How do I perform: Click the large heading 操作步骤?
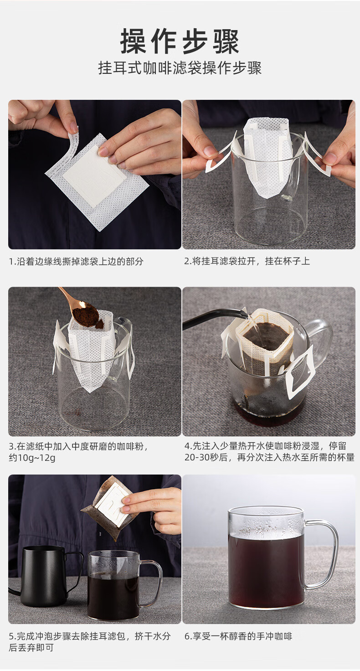[180, 41]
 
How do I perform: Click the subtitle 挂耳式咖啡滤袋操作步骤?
[180, 68]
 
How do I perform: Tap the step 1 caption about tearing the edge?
[76, 261]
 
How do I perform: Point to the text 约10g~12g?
[32, 458]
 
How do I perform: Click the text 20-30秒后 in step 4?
[206, 457]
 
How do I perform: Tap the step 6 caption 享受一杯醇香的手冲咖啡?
[238, 636]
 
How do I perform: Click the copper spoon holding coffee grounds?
[80, 309]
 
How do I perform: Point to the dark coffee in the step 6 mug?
[266, 571]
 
